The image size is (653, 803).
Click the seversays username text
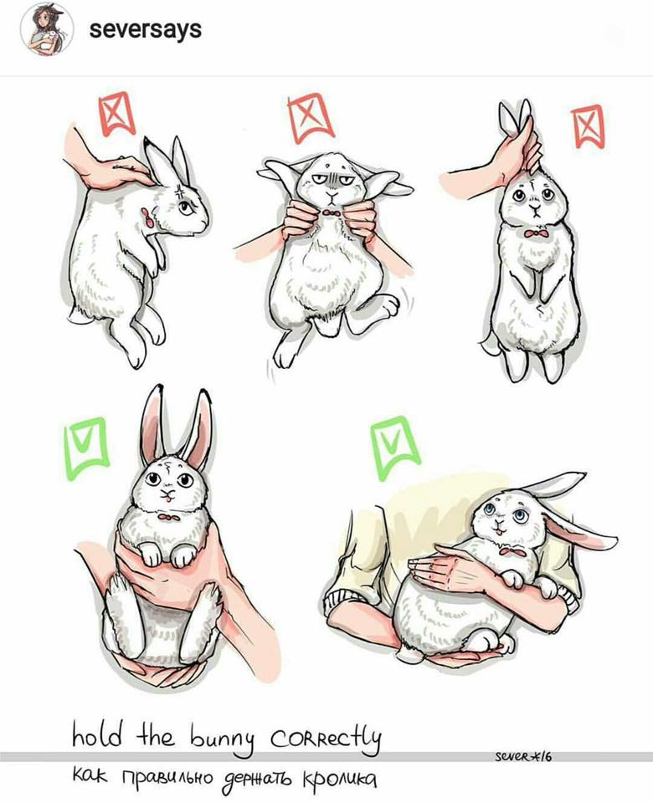pos(146,29)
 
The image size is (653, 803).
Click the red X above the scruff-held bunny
pos(117,114)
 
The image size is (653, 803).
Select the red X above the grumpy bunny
pos(311,117)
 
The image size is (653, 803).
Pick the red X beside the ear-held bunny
pos(588,125)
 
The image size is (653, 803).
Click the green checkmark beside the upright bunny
pos(85,447)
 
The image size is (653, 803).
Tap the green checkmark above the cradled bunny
pos(393,447)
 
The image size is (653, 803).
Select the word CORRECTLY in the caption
pos(325,738)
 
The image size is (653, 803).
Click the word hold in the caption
pos(97,735)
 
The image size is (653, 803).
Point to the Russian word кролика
pos(340,780)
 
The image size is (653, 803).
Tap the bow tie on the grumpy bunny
pos(332,212)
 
